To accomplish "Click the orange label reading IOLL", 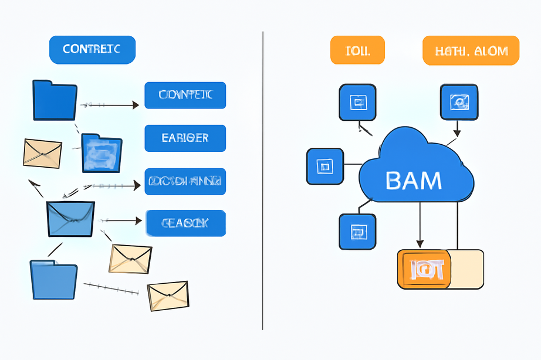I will (x=357, y=50).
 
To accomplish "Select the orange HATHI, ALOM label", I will (x=471, y=50).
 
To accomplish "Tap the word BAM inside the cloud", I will (x=414, y=180).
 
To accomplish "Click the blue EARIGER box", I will (x=185, y=138).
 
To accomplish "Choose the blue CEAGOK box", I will (x=185, y=223).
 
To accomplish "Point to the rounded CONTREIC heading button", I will (x=92, y=50).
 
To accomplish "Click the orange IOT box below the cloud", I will (x=424, y=269).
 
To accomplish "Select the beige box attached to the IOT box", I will (x=467, y=269).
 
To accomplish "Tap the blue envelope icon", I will (x=70, y=219).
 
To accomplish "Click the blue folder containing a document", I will (x=102, y=153).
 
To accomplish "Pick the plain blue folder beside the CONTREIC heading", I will (x=55, y=100).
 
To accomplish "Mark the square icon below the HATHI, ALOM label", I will (x=459, y=103).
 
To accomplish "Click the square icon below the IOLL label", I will (x=357, y=103).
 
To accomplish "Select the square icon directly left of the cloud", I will (x=324, y=166).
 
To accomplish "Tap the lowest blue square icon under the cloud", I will (x=357, y=231).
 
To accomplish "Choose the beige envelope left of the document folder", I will (x=42, y=153).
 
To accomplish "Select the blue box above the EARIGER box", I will (x=185, y=96).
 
